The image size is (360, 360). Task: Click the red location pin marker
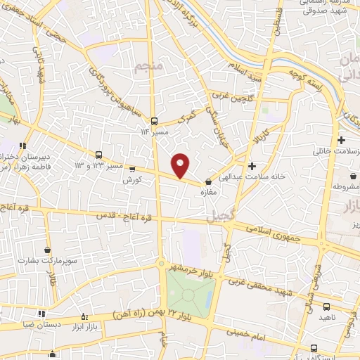point(181,165)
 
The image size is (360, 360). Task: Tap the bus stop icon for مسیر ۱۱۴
point(154,120)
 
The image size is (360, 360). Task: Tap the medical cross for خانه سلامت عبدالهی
point(252,165)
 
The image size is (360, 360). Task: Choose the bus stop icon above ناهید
point(326,307)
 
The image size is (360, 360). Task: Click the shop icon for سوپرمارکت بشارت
point(47,250)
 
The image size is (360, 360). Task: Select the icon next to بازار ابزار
point(85,316)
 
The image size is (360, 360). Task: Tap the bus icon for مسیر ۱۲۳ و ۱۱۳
point(98,155)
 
